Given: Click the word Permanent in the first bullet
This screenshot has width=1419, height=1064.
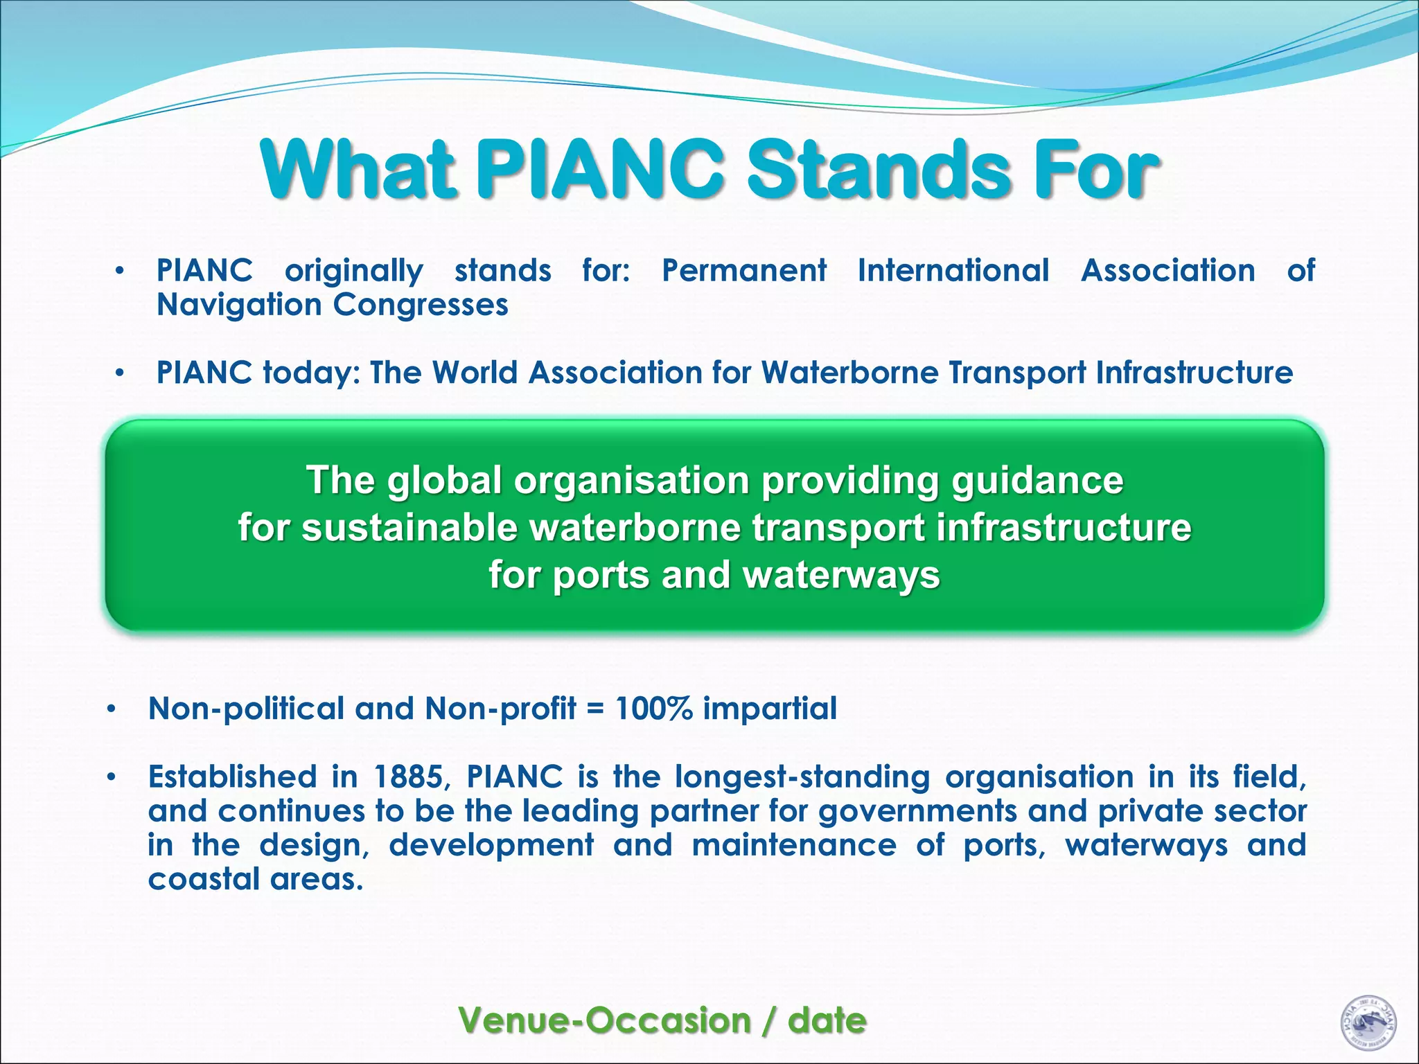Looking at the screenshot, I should (x=743, y=270).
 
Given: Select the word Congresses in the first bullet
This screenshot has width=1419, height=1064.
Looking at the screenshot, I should (x=421, y=305).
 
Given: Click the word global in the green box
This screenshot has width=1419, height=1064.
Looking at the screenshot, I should (x=444, y=480).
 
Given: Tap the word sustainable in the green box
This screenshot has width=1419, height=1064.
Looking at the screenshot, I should (x=409, y=528).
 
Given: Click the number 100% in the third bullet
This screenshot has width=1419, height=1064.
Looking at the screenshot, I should (x=653, y=709).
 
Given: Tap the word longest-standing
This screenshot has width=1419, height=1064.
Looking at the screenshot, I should (x=802, y=777).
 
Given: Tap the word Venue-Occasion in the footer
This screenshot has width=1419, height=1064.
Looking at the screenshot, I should (x=605, y=1020).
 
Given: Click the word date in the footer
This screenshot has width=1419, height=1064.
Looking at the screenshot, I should (x=827, y=1020).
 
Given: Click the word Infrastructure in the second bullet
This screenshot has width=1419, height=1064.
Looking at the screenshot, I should (x=1195, y=373).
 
